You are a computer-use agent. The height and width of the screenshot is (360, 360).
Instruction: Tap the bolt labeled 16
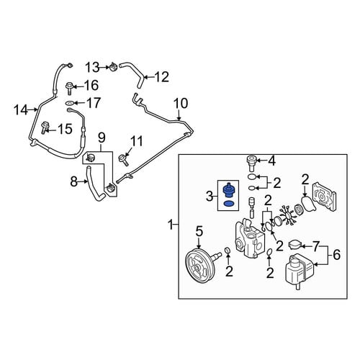pyautogui.click(x=70, y=88)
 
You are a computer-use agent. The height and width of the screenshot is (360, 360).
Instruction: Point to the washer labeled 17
pyautogui.click(x=70, y=103)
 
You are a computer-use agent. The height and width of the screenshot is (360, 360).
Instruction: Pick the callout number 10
pyautogui.click(x=181, y=104)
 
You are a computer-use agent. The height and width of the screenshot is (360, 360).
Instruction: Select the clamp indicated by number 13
pyautogui.click(x=113, y=67)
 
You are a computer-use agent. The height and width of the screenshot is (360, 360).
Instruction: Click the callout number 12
pyautogui.click(x=161, y=77)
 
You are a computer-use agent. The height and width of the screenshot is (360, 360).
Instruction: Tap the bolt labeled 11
pyautogui.click(x=124, y=158)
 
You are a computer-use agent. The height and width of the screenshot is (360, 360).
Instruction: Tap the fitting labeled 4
pyautogui.click(x=251, y=163)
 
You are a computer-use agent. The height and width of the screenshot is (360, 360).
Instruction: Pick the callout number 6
pyautogui.click(x=336, y=254)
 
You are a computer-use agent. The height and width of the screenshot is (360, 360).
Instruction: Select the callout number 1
pyautogui.click(x=171, y=225)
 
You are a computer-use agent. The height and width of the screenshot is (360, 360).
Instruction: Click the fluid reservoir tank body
pyautogui.click(x=299, y=271)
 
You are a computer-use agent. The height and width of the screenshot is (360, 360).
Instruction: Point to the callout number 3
pyautogui.click(x=210, y=197)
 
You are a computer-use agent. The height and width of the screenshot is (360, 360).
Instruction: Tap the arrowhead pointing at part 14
pyautogui.click(x=35, y=110)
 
